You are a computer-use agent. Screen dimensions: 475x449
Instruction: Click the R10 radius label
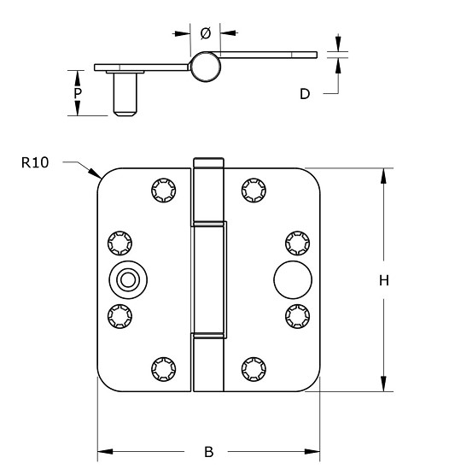point(35,162)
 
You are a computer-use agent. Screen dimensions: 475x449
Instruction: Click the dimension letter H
point(384,280)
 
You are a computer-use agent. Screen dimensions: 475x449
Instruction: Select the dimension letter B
point(208,451)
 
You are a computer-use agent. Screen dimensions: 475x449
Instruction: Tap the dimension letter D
point(304,94)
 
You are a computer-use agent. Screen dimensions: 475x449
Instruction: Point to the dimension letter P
point(78,93)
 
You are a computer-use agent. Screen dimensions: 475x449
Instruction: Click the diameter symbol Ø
point(205,33)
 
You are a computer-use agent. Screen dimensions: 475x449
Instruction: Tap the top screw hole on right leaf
point(252,188)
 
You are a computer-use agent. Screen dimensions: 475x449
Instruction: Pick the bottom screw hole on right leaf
point(252,368)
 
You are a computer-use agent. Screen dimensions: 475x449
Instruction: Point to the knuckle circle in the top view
point(205,67)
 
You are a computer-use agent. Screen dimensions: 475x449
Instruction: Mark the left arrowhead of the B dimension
point(103,451)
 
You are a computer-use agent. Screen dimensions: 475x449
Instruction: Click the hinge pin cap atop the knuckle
point(208,162)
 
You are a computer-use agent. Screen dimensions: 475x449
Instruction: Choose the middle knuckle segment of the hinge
point(209,279)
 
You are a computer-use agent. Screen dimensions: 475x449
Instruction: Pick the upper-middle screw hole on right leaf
point(294,243)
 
